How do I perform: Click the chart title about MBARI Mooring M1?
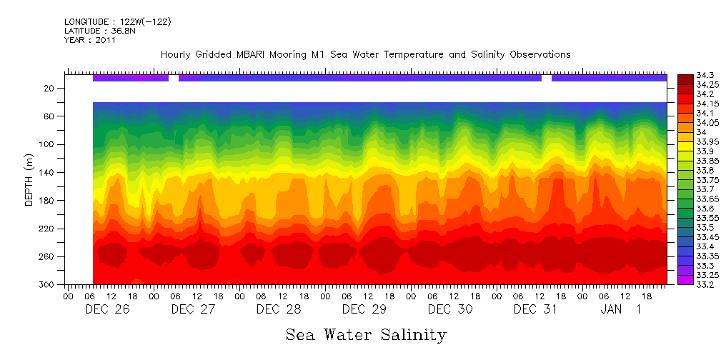[x=365, y=54]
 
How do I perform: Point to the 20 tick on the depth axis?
[x=49, y=88]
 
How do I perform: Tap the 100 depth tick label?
[x=47, y=144]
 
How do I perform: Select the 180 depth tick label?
[x=47, y=201]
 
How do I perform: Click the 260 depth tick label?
[x=47, y=256]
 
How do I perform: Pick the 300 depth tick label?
[x=47, y=284]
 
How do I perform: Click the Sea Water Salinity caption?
[x=366, y=334]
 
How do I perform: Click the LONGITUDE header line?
[x=117, y=21]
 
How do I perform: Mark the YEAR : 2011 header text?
[x=90, y=40]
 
